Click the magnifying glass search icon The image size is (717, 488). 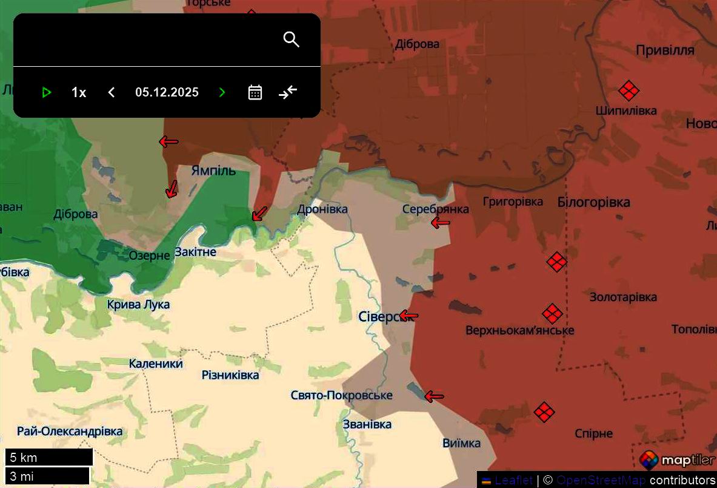(292, 39)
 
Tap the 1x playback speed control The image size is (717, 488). (79, 92)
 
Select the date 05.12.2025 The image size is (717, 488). (167, 92)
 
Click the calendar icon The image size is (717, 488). (255, 92)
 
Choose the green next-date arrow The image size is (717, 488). (222, 92)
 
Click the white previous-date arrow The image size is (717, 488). (111, 92)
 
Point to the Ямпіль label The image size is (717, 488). (213, 170)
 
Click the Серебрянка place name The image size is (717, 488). (435, 209)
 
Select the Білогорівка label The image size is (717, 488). (593, 202)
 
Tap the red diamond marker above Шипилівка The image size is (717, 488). (629, 91)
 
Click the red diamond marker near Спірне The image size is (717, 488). (544, 412)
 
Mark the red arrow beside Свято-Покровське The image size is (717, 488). (434, 397)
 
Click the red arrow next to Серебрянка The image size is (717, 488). (441, 223)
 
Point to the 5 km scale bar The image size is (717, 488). (48, 458)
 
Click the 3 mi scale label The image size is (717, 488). (47, 476)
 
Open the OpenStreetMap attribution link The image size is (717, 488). (600, 480)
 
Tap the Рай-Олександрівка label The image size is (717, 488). (69, 432)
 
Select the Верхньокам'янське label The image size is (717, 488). (519, 330)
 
